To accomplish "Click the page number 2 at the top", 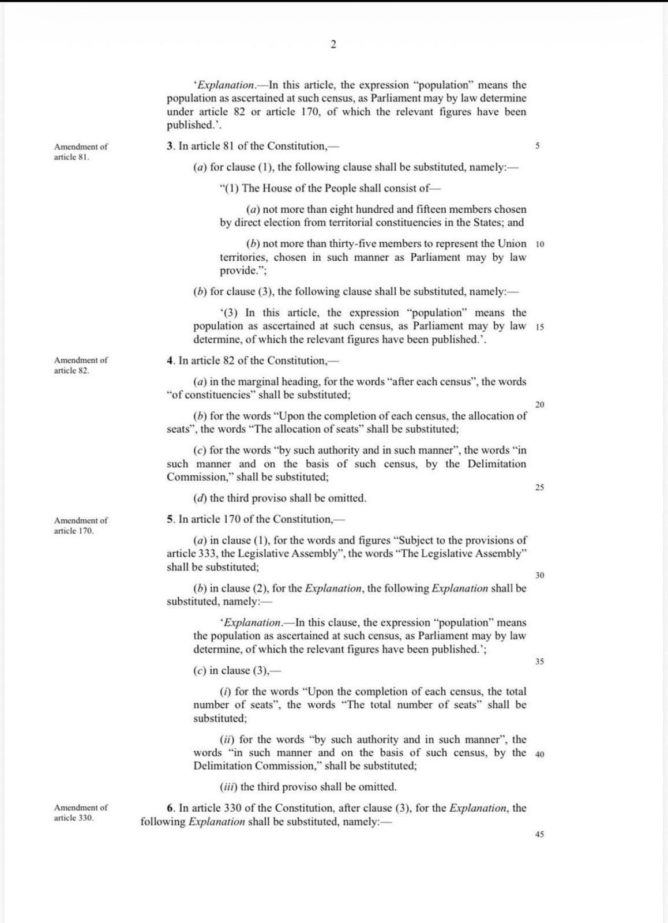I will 333,44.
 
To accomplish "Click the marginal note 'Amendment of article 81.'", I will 81,152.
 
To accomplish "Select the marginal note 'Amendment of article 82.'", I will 81,365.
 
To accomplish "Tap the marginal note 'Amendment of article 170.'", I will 81,526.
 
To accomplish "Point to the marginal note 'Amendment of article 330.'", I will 81,813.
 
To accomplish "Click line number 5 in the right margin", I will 538,146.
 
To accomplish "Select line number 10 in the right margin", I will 539,244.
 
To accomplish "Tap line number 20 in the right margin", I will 539,404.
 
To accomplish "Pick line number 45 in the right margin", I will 539,834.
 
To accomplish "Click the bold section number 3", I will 170,146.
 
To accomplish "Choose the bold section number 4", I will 170,361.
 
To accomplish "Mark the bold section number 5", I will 170,519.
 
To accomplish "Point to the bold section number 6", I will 170,808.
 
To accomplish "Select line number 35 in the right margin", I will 539,662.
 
